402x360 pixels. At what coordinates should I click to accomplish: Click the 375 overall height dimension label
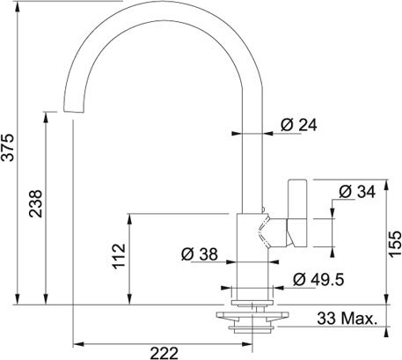[8, 147]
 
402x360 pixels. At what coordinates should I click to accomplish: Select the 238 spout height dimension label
[36, 203]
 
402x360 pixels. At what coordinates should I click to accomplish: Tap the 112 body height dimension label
[120, 256]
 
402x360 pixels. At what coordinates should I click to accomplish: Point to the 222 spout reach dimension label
[164, 353]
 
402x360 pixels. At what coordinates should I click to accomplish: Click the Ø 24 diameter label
[298, 125]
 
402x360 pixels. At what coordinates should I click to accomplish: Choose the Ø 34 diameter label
[357, 192]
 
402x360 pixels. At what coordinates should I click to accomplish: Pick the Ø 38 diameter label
[200, 254]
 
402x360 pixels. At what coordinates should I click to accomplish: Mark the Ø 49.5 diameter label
[318, 279]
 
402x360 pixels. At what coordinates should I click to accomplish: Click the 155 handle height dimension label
[395, 244]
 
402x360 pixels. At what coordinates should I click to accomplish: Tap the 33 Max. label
[347, 319]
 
